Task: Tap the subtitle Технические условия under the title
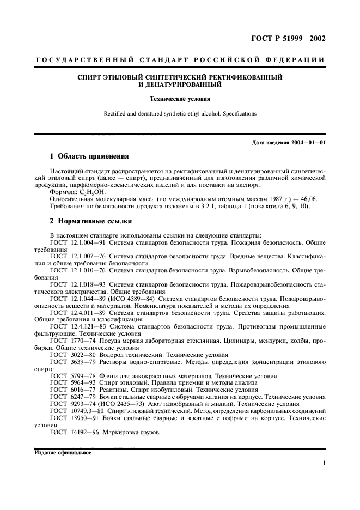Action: pos(179,99)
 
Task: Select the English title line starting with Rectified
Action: pos(179,114)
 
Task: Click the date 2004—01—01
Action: pos(308,143)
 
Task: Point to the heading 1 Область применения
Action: pos(89,156)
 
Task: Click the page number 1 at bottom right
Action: pos(324,463)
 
